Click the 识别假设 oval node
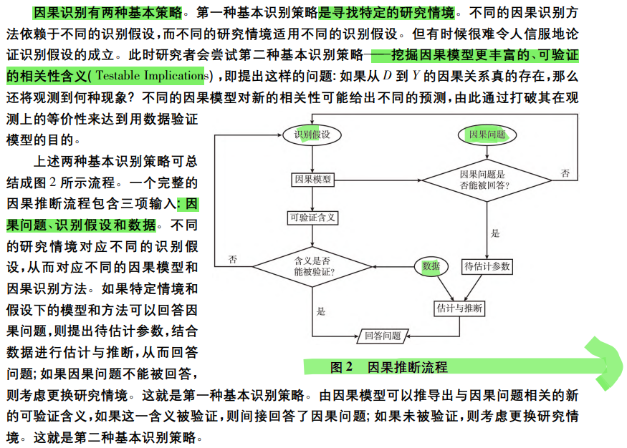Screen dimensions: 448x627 pos(312,135)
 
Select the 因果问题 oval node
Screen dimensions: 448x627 pos(487,135)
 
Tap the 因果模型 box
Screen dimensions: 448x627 pos(312,180)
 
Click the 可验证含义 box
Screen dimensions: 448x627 pos(312,218)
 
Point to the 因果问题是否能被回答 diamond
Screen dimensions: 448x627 pos(487,180)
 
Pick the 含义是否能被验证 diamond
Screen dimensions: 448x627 pos(313,266)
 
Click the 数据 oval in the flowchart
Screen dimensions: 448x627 pos(431,266)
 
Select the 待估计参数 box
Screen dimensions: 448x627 pos(487,266)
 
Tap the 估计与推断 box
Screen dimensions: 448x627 pos(459,308)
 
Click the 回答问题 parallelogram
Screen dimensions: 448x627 pos(383,335)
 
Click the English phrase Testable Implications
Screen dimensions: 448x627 pos(150,75)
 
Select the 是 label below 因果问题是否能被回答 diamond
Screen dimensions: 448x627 pos(494,233)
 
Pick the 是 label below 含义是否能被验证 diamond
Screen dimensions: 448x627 pos(320,311)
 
